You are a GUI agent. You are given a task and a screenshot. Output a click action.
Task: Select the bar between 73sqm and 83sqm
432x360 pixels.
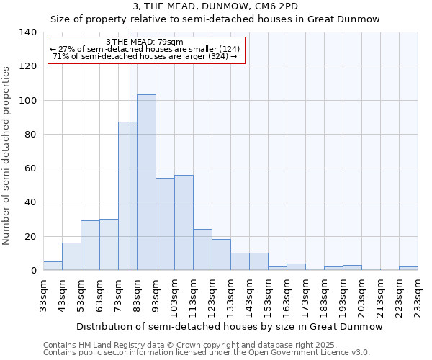(x=127, y=196)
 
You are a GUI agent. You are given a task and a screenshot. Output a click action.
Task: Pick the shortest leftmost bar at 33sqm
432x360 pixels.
(x=53, y=266)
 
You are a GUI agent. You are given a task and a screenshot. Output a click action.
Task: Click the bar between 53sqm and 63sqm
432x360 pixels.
(x=90, y=246)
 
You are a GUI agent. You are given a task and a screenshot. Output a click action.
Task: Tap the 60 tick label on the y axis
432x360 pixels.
(x=30, y=168)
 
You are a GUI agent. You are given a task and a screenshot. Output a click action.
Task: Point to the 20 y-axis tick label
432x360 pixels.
(x=30, y=236)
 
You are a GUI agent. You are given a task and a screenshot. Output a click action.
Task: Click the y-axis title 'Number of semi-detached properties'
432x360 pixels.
(x=7, y=155)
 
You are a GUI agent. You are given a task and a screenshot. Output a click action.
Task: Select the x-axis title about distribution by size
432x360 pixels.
(x=229, y=326)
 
